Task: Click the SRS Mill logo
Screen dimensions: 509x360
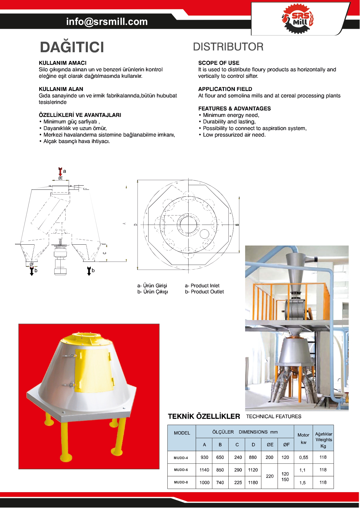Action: tap(298, 19)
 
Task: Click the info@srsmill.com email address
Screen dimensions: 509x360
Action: tap(107, 22)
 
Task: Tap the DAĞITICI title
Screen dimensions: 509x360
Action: tap(72, 47)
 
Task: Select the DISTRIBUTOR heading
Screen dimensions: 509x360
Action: tap(228, 47)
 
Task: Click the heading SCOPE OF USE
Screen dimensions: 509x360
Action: tap(219, 63)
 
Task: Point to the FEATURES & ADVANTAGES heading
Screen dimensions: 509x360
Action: tap(234, 109)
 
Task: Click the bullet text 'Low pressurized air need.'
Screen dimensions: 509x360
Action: tap(234, 135)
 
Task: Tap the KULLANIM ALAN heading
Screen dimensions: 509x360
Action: tap(61, 89)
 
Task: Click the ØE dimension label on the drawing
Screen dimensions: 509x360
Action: tap(60, 178)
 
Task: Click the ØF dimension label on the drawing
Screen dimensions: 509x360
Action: tap(32, 264)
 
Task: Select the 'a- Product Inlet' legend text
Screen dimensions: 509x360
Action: tap(202, 286)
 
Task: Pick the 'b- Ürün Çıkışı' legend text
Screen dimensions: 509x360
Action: tap(153, 292)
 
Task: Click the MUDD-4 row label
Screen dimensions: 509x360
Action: tap(181, 458)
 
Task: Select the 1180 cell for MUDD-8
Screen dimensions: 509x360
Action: tap(253, 483)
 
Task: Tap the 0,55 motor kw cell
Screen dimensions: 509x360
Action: tap(303, 457)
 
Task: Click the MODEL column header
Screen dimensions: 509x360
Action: tap(182, 433)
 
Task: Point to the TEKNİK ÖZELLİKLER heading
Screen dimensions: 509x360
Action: tap(204, 416)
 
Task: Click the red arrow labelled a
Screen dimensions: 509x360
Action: tap(60, 171)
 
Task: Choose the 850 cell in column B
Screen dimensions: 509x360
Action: tap(220, 470)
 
